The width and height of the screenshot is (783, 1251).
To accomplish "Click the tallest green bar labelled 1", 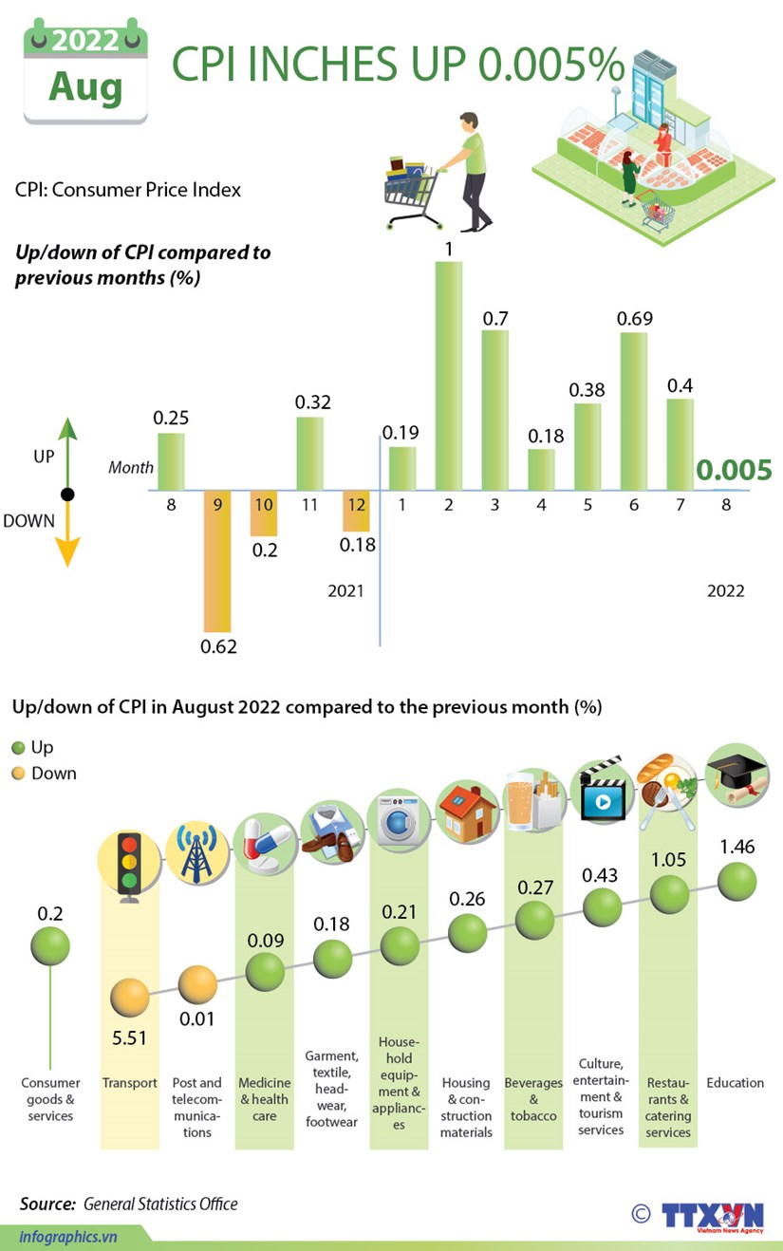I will tap(448, 375).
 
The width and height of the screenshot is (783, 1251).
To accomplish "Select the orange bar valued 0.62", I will tap(217, 561).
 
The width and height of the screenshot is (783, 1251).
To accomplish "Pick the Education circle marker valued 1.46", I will tap(736, 883).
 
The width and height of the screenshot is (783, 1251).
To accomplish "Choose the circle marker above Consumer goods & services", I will tap(49, 944).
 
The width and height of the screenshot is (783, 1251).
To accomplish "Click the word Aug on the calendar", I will tap(85, 87).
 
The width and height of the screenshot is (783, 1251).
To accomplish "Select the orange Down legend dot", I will tap(18, 774).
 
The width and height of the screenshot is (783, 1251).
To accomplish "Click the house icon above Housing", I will tap(467, 813).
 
